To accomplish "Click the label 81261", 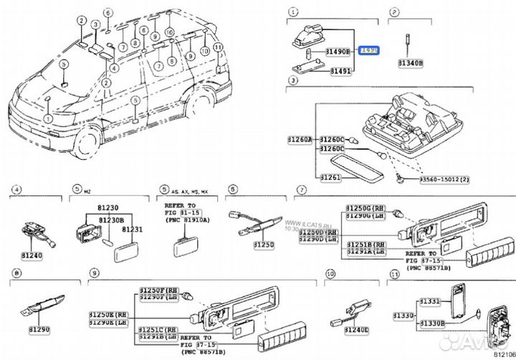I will click(330, 176).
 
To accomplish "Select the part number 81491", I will click(340, 72).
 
